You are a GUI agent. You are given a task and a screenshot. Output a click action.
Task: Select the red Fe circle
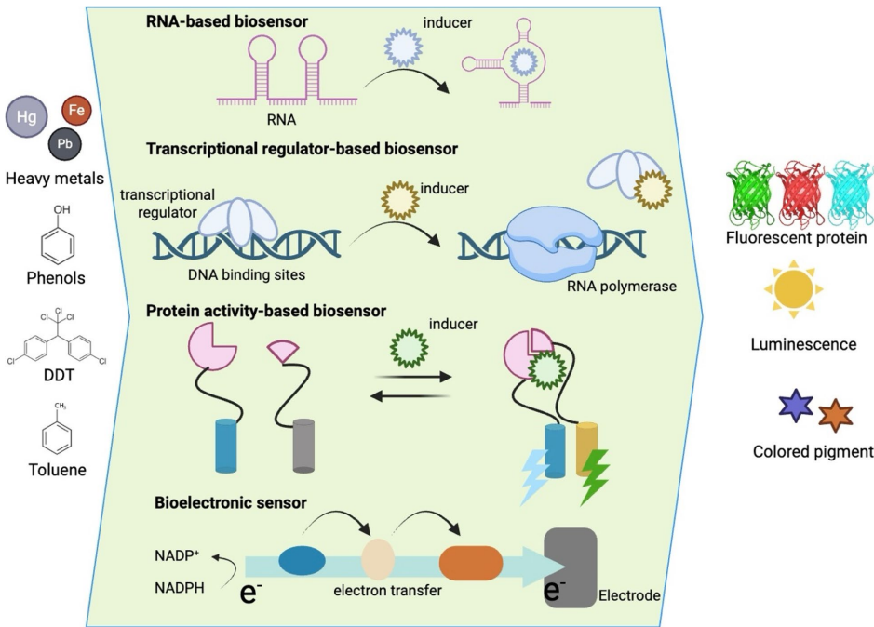75,113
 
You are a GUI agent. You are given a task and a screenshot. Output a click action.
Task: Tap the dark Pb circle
64,145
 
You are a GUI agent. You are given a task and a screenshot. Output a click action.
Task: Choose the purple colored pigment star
796,407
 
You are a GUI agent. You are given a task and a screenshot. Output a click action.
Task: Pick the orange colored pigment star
835,416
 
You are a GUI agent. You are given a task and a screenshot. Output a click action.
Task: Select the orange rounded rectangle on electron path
470,564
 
